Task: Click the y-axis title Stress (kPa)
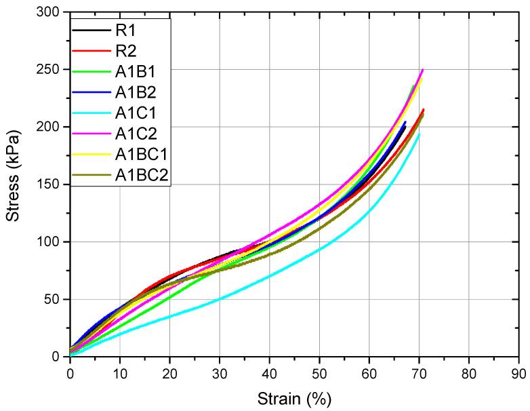(x=14, y=183)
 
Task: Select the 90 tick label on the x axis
(x=518, y=372)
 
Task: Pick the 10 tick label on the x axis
(x=119, y=372)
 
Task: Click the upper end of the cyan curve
(x=420, y=134)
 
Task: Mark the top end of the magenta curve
(x=423, y=69)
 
